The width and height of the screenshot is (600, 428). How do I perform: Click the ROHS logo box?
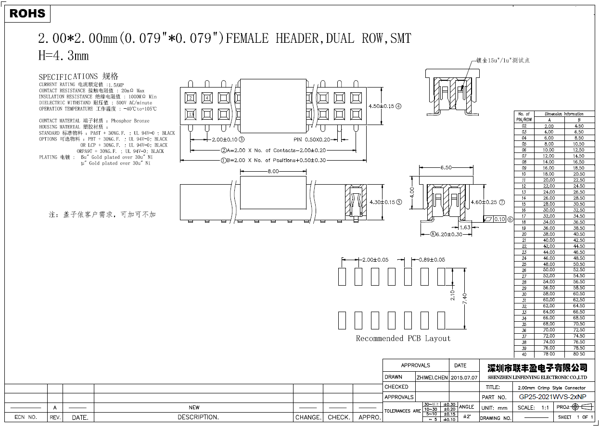tap(27, 13)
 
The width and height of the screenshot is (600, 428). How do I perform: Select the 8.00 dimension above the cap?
tap(273, 171)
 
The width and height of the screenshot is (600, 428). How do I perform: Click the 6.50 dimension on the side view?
tap(446, 167)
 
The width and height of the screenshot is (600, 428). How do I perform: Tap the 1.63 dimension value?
tap(465, 227)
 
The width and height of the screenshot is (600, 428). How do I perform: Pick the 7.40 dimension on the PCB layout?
tap(465, 298)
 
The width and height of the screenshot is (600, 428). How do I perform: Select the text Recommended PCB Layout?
tap(403, 339)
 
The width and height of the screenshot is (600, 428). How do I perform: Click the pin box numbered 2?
tap(191, 99)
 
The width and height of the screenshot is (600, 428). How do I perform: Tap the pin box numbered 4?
tap(207, 99)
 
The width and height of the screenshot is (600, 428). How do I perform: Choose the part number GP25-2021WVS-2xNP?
tap(552, 397)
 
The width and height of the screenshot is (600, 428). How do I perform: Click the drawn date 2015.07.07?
tap(464, 378)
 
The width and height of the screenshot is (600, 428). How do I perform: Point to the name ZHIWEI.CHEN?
tap(432, 378)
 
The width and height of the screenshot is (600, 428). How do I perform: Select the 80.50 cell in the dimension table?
tap(579, 354)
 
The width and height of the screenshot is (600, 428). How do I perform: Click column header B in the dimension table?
tap(579, 120)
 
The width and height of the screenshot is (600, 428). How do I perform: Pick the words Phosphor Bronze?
tap(130, 121)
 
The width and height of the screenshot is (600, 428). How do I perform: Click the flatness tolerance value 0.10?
tap(499, 219)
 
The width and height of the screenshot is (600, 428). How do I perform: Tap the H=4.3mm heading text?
tap(64, 56)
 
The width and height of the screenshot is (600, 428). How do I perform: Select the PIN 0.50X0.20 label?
tap(311, 139)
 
